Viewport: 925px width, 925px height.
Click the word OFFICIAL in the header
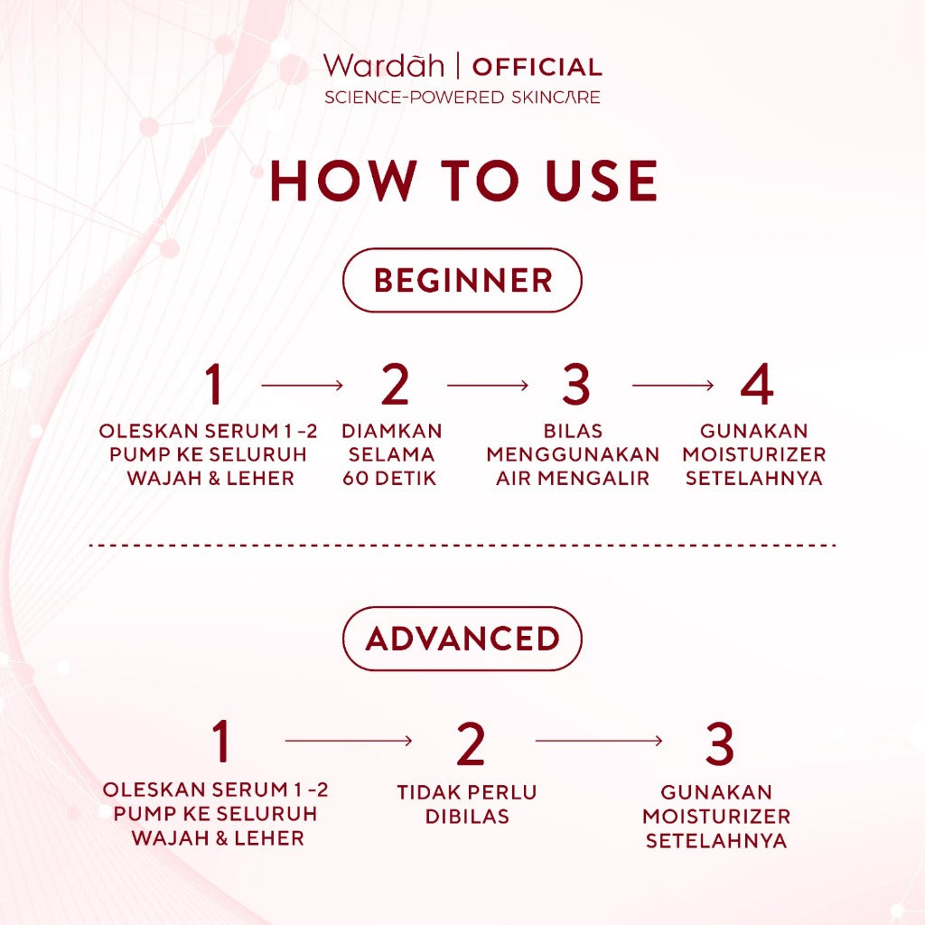point(537,67)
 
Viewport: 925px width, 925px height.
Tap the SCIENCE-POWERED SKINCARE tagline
point(462,97)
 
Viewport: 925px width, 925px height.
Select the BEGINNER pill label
point(462,280)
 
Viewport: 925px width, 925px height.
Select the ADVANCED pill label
point(462,639)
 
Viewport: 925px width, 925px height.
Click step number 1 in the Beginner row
point(214,385)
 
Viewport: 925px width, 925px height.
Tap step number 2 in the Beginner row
point(395,385)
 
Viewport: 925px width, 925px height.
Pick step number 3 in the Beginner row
point(575,385)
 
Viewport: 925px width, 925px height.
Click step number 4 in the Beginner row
point(756,385)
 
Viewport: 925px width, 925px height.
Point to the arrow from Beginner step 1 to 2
point(302,386)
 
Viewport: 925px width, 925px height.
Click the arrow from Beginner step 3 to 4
point(673,386)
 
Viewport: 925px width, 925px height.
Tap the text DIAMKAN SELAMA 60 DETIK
point(392,454)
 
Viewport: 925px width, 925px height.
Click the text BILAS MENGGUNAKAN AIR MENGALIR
point(573,454)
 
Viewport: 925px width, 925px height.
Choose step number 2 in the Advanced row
point(471,743)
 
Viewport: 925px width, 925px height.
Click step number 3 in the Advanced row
point(719,743)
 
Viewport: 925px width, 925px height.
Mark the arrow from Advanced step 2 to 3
point(598,742)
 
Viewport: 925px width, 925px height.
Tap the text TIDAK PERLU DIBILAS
point(466,804)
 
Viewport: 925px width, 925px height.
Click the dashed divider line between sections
point(462,546)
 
